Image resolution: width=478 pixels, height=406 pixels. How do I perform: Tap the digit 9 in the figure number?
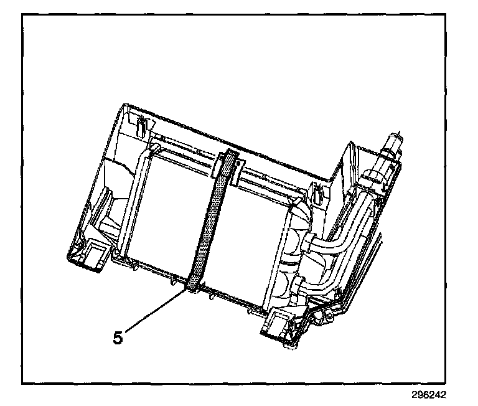[419, 395]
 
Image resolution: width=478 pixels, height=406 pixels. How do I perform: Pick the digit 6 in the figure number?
[426, 395]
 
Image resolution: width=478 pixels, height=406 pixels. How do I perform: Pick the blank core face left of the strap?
[168, 212]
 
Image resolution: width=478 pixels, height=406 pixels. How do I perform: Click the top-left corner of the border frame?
[22, 14]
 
